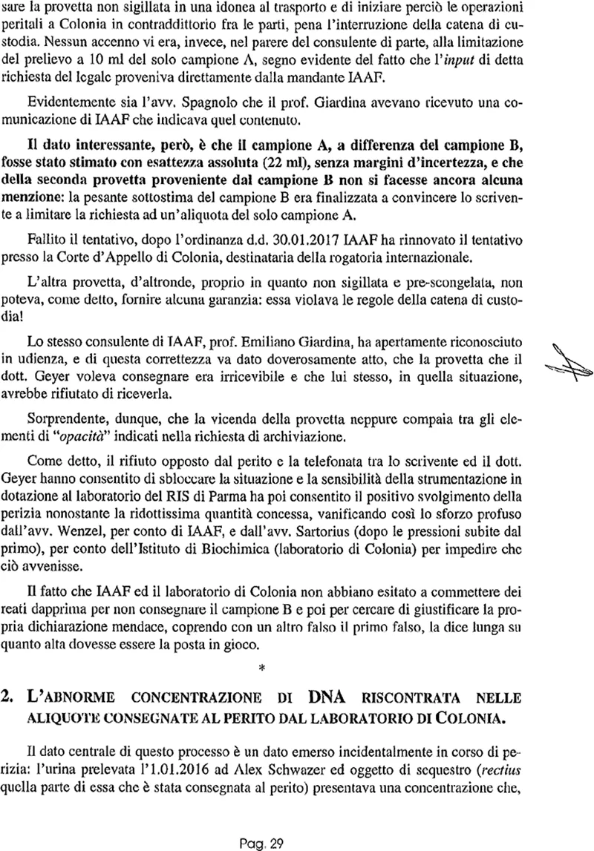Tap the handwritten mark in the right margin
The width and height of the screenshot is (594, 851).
pyautogui.click(x=566, y=364)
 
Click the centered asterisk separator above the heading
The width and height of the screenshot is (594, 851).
pyautogui.click(x=261, y=670)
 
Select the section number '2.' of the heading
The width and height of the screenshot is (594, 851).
pyautogui.click(x=12, y=700)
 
